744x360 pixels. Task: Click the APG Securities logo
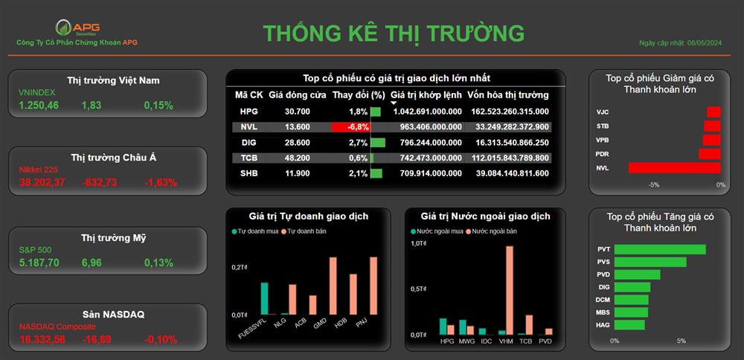pos(78,28)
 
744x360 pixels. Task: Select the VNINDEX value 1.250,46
pos(39,106)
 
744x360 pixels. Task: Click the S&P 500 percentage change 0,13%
pos(158,263)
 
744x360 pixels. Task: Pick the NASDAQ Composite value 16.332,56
pos(42,340)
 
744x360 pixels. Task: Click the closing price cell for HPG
pos(297,112)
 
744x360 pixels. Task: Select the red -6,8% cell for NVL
pos(350,126)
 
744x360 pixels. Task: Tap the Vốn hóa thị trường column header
pos(507,95)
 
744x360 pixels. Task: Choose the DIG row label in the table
pos(249,143)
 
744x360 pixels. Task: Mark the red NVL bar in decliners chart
pos(675,168)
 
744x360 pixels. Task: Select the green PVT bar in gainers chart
pos(660,249)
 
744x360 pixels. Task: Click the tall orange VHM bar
pos(510,290)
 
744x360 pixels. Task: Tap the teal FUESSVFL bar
pos(264,299)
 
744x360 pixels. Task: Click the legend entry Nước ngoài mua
pos(430,231)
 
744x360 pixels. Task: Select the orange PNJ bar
pos(373,286)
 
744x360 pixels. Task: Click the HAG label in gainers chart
pos(603,325)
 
